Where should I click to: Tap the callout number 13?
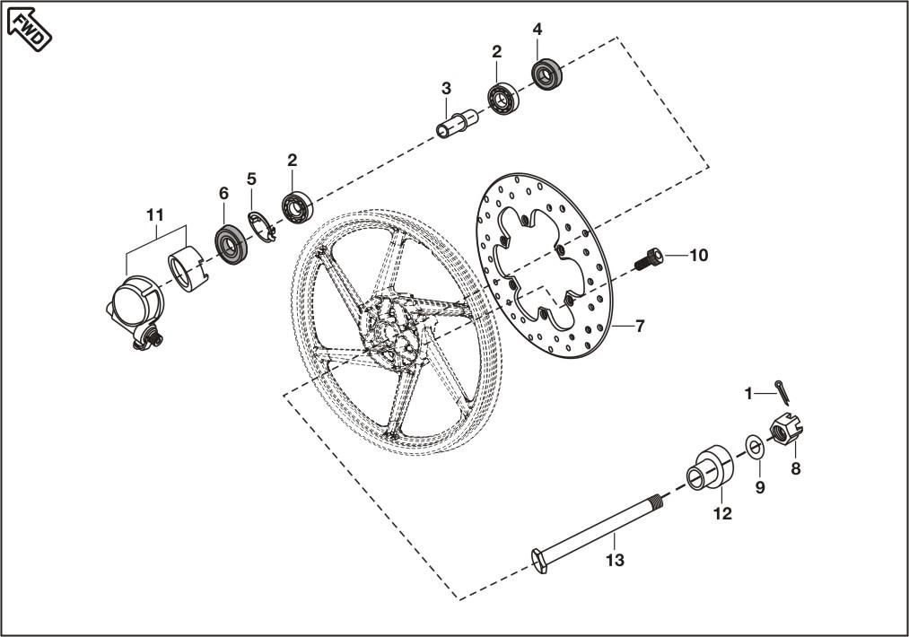coord(615,562)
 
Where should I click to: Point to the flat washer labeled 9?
coord(753,446)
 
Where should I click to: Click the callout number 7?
coord(639,327)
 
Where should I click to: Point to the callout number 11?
coord(156,214)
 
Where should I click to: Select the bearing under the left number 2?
coord(297,207)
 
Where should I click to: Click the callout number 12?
coord(722,514)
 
